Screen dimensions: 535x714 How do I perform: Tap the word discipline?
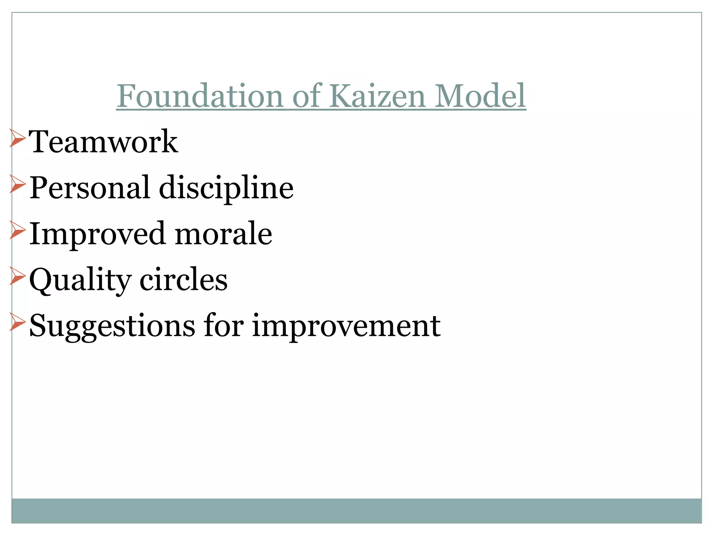pos(226,188)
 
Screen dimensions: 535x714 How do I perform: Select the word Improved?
pos(97,234)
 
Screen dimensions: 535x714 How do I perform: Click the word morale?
pos(223,234)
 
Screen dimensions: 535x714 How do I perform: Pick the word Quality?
pos(80,280)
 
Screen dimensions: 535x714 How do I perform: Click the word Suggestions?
pos(112,326)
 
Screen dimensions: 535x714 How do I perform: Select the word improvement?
pos(346,326)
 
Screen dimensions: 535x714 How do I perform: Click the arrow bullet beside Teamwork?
pos(17,138)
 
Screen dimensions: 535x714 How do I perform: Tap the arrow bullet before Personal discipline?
pos(17,184)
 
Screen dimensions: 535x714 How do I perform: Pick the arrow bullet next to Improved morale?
pos(17,230)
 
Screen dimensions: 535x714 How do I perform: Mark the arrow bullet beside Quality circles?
pos(17,276)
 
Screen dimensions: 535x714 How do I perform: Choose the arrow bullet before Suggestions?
pos(17,322)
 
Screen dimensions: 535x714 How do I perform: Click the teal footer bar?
pos(356,511)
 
